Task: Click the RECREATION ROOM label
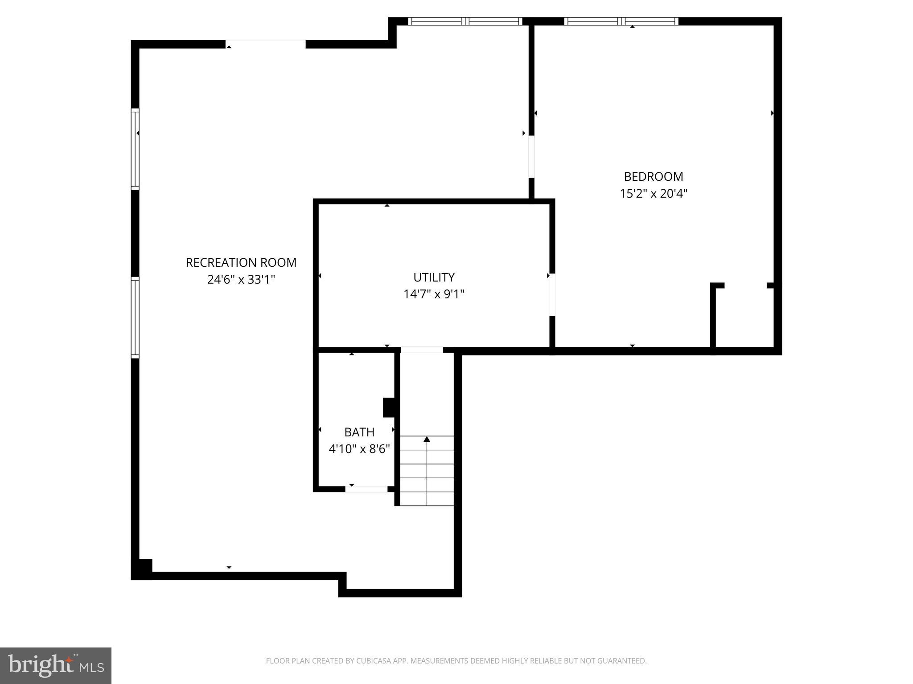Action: pyautogui.click(x=241, y=263)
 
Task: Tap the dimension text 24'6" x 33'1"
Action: pyautogui.click(x=241, y=280)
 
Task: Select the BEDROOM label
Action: pyautogui.click(x=653, y=177)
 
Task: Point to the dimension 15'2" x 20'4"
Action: pyautogui.click(x=653, y=194)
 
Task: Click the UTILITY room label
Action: pyautogui.click(x=434, y=277)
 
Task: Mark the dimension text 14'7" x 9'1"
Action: pyautogui.click(x=434, y=294)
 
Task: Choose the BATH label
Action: pyautogui.click(x=359, y=432)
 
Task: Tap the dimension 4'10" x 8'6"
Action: pyautogui.click(x=359, y=449)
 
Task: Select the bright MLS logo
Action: pyautogui.click(x=55, y=665)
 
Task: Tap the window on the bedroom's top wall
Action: pyautogui.click(x=621, y=21)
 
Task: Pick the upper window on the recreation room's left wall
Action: pyautogui.click(x=135, y=149)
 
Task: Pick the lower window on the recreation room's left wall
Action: pyautogui.click(x=135, y=317)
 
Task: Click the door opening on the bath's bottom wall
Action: pyautogui.click(x=366, y=489)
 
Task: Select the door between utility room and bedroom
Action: pyautogui.click(x=552, y=294)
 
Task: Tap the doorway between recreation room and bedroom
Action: pyautogui.click(x=531, y=157)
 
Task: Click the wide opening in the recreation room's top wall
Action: pyautogui.click(x=266, y=44)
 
